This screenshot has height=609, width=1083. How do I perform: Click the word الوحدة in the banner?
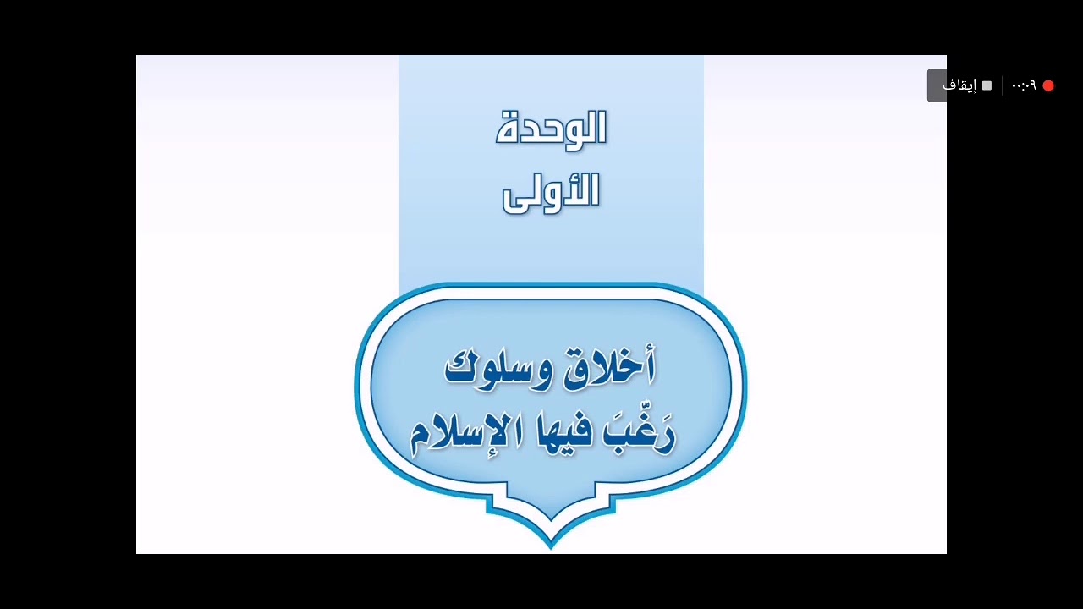tap(551, 129)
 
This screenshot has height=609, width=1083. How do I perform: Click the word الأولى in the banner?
tap(551, 194)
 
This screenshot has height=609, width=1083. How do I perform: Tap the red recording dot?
tap(1048, 85)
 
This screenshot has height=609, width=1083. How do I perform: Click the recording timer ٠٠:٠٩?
tap(1024, 85)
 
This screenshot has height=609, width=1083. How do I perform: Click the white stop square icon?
tap(987, 85)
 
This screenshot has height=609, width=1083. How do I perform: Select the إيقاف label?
tap(959, 85)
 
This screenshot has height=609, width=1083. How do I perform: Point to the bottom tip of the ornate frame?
tap(551, 549)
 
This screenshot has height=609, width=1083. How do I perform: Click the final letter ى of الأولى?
tap(516, 202)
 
